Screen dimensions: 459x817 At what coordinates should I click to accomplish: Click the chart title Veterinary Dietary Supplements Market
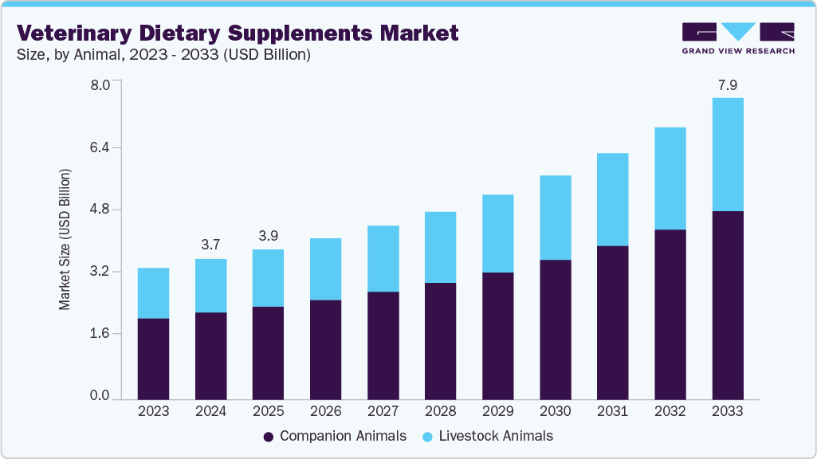point(238,33)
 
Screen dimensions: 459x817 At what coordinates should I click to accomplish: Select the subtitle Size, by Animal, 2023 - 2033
point(163,55)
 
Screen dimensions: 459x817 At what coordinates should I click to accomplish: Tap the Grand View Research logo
point(738,38)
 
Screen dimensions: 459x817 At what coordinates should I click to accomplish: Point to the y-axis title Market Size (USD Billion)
point(65,239)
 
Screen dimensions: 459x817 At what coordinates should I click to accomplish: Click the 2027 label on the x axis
point(383,411)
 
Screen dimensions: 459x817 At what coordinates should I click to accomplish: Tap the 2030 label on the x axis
point(556,411)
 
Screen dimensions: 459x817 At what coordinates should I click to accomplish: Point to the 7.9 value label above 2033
point(727,84)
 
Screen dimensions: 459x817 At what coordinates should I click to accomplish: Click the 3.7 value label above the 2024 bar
point(210,245)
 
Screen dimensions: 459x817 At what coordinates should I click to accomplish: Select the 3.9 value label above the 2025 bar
point(268,236)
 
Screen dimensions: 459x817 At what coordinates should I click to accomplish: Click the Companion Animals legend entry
point(335,436)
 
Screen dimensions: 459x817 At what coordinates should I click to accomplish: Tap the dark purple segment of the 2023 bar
point(153,359)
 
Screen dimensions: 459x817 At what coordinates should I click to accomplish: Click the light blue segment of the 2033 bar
point(728,155)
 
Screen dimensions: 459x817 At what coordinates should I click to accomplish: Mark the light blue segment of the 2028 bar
point(440,247)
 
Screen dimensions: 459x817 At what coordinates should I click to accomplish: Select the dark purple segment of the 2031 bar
point(612,322)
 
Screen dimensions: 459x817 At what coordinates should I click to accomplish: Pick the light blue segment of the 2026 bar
point(325,269)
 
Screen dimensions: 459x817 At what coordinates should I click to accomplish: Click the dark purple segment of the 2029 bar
point(497,335)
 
